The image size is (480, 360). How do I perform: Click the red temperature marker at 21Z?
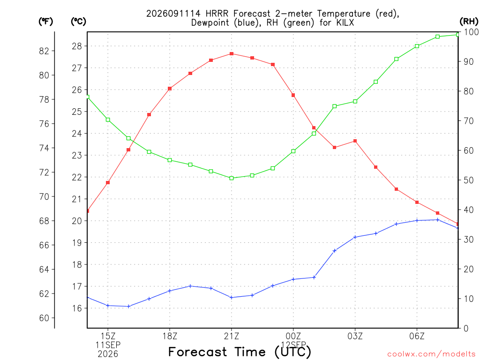232,54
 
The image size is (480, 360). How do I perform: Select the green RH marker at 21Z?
232,178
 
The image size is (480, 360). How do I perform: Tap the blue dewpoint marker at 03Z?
355,237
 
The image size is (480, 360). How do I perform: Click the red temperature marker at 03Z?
355,141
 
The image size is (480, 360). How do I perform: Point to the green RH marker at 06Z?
417,46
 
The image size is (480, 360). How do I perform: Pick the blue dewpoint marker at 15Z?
108,306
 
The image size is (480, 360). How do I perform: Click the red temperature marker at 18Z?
170,89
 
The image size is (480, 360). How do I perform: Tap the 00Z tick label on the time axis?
293,337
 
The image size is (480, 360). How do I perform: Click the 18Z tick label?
170,337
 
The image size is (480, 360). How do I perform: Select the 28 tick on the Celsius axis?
77,46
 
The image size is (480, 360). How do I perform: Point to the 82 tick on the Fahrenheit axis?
44,51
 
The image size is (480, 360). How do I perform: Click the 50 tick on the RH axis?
468,180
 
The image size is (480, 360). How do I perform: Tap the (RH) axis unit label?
469,21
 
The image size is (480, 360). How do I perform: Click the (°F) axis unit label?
45,22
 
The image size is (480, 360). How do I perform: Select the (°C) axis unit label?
78,22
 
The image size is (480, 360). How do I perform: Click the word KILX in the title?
345,22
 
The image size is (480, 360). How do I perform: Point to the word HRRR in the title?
217,14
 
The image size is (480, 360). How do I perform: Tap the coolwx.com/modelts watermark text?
431,354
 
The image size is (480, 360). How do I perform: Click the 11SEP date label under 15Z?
108,345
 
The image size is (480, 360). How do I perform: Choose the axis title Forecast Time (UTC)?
240,352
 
